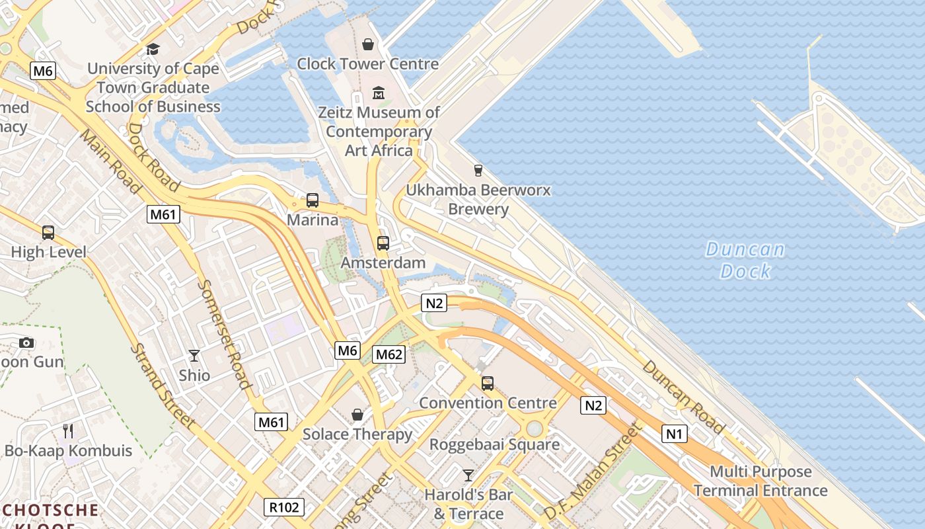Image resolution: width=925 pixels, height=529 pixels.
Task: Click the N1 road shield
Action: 674,434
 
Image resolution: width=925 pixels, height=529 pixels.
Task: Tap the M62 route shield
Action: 388,354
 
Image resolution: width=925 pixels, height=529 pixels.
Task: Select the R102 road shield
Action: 285,507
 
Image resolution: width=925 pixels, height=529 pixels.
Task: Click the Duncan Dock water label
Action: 745,260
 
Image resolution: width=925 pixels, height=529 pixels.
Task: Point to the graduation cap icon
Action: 153,49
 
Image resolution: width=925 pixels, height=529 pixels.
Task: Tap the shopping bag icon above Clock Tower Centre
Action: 368,44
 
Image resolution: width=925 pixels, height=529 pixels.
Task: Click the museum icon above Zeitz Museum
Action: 379,93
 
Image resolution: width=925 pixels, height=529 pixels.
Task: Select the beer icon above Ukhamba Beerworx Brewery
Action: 478,171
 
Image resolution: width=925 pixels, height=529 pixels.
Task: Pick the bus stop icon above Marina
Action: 313,200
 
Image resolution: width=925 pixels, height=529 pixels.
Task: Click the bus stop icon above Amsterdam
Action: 383,243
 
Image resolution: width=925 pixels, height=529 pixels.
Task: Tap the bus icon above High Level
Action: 48,232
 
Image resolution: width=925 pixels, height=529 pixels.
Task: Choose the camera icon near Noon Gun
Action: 26,343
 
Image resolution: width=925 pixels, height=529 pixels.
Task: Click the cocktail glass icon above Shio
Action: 194,356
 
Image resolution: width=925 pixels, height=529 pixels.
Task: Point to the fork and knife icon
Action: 68,431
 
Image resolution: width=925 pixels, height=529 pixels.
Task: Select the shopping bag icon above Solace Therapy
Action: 357,415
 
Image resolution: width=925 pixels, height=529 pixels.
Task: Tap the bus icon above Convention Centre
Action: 488,383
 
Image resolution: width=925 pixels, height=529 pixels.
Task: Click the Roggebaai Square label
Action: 494,444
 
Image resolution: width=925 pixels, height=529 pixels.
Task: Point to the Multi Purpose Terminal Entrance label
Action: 760,481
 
